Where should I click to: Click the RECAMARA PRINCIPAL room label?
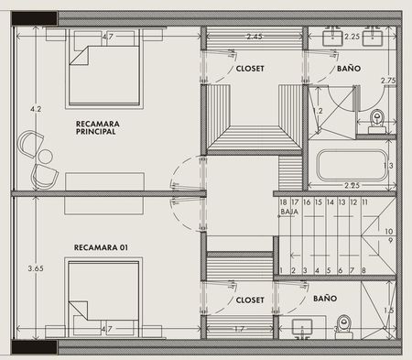coord(98,127)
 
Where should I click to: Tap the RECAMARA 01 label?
coord(101,247)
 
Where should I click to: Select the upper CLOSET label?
coord(250,69)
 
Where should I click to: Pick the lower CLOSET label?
coord(250,300)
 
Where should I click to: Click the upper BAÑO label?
coord(349,68)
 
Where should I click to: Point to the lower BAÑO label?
coord(325,298)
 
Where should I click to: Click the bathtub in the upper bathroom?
coord(352,165)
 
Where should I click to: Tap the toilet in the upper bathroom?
coord(377,122)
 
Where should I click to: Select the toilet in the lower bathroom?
coord(344,327)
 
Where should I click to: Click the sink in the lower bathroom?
coord(302,327)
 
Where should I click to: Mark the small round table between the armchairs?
coord(46,157)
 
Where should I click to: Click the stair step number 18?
coord(283,202)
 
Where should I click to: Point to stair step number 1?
coord(281,270)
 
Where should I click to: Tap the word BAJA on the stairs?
coord(289,212)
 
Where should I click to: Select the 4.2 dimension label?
coord(36,109)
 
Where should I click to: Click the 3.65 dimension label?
coord(36,268)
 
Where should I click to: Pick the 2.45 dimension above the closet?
coord(255,37)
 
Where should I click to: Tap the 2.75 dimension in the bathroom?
coord(388,81)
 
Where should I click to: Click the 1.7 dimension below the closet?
coord(240,329)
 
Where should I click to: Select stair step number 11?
coord(364,202)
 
